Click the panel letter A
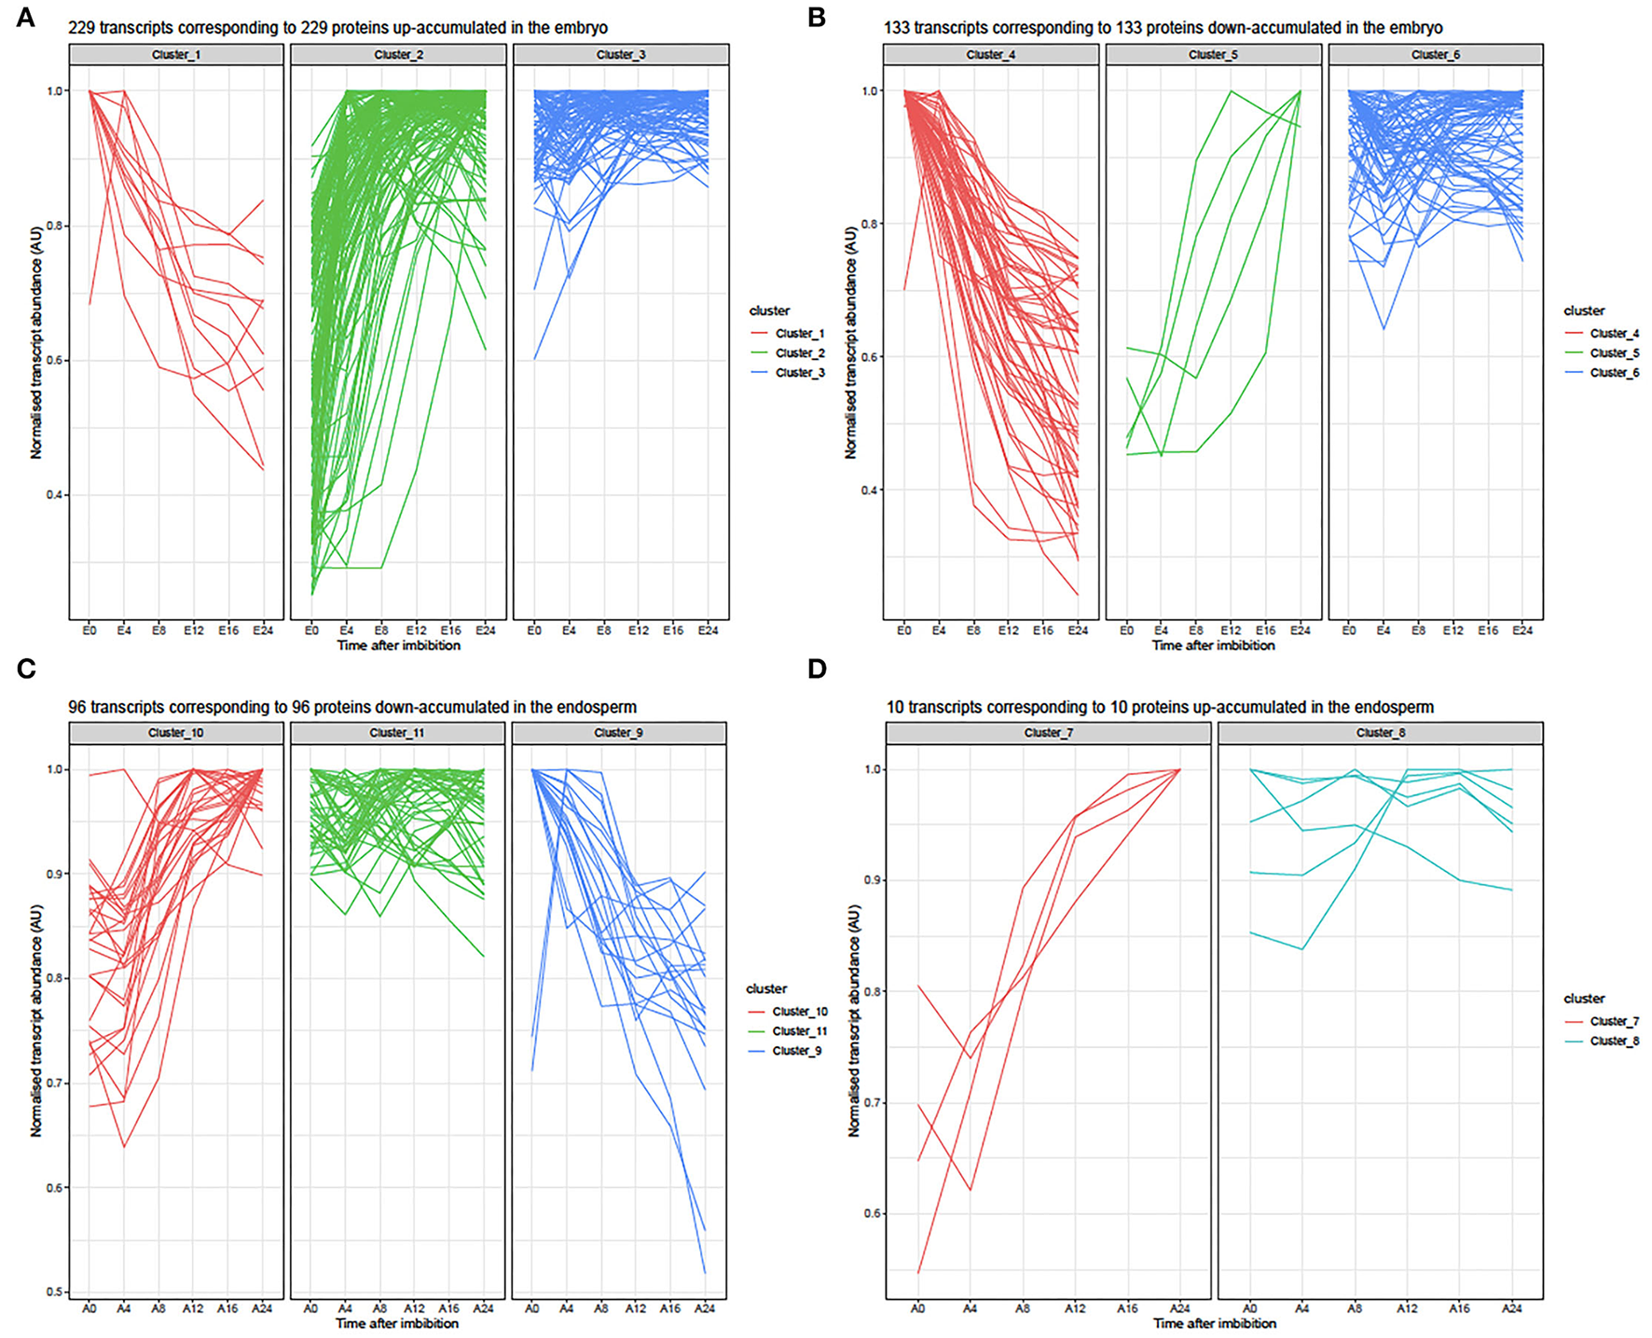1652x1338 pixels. [25, 17]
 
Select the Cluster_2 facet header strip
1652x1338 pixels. [398, 55]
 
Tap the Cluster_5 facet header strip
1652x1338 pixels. [1213, 55]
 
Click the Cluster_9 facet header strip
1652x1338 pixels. [618, 733]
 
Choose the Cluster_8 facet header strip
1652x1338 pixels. [1380, 733]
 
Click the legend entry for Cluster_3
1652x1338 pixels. [799, 373]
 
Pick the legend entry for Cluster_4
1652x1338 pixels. [1614, 333]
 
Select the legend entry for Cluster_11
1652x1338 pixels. [799, 1031]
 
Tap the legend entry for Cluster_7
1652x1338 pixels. [1614, 1021]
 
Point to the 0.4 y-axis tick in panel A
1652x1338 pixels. [55, 495]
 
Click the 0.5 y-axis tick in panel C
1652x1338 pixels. [55, 1292]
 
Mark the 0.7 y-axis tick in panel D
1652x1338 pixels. [872, 1103]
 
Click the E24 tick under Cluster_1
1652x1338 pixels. [263, 631]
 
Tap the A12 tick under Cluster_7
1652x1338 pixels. [1075, 1309]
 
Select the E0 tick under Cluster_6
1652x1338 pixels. [1349, 631]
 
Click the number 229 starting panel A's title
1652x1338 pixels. [81, 28]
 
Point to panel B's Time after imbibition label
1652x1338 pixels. [1213, 645]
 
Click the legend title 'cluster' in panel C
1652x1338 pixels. [766, 988]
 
